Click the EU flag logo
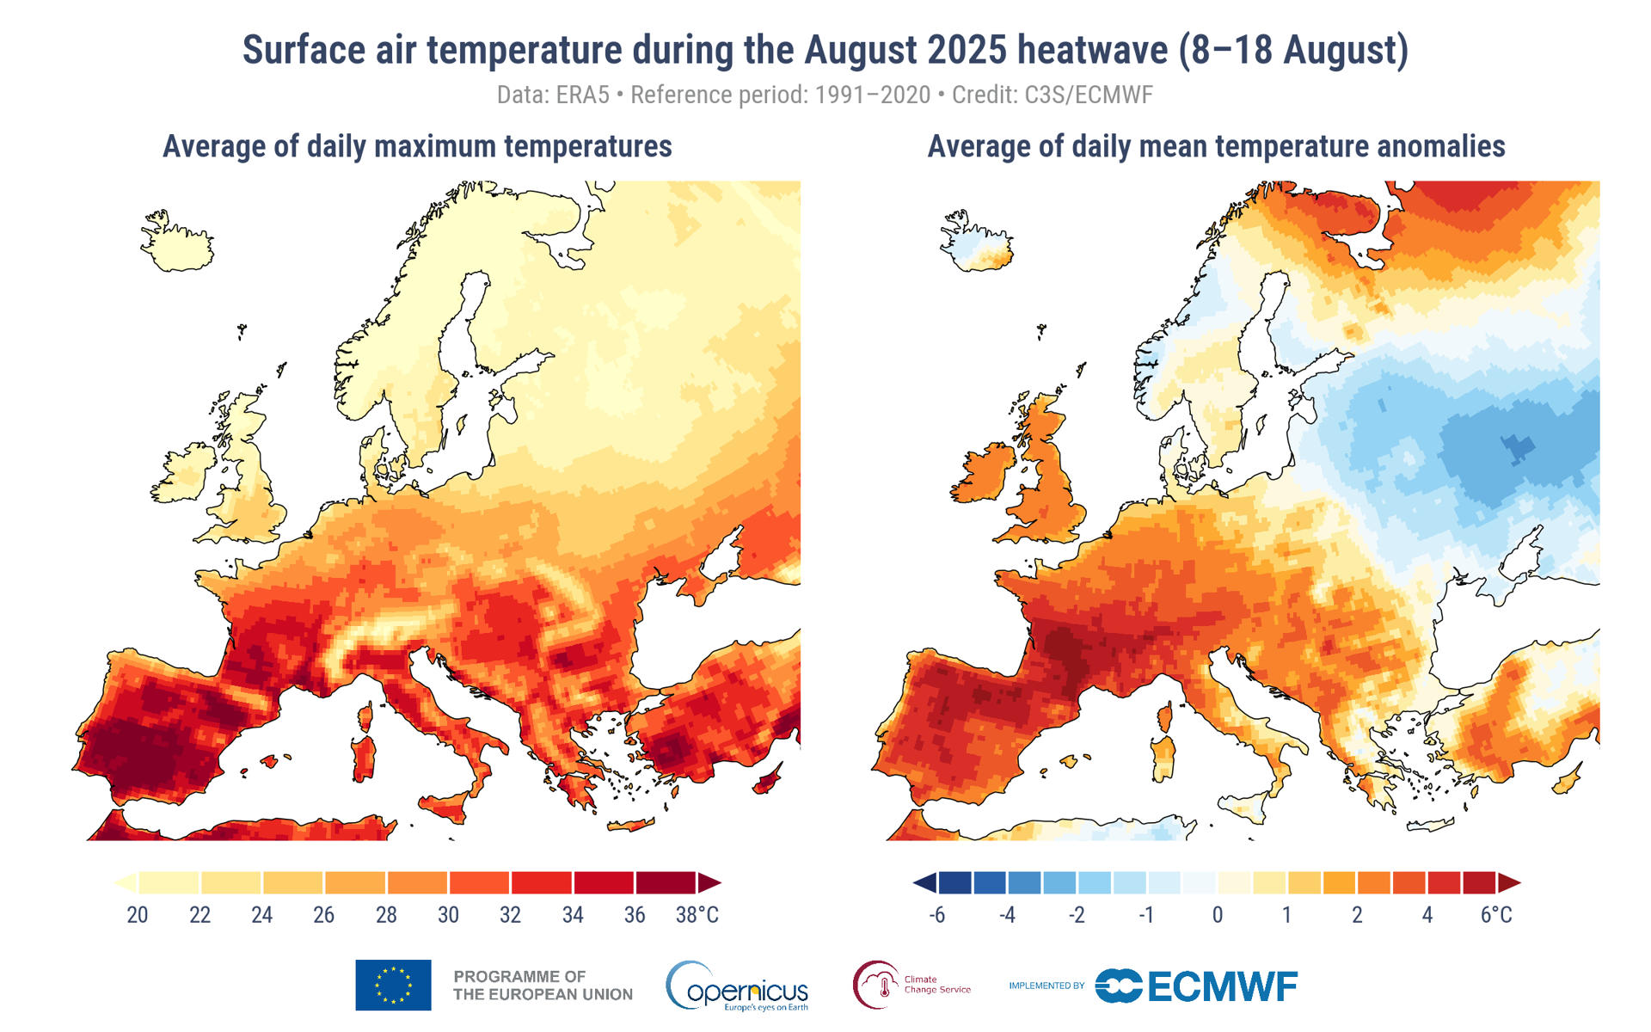pos(393,985)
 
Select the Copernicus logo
pos(737,986)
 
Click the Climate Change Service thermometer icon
pos(881,986)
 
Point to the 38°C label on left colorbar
pos(697,915)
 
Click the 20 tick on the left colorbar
pos(138,915)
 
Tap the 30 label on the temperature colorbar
pos(448,915)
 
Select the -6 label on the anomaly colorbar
pos(936,915)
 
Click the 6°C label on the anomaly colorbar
pos(1495,915)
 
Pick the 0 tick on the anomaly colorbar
pos(1217,915)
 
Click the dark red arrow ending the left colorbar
pos(709,883)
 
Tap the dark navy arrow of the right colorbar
pos(924,883)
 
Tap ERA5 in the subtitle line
pos(582,95)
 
